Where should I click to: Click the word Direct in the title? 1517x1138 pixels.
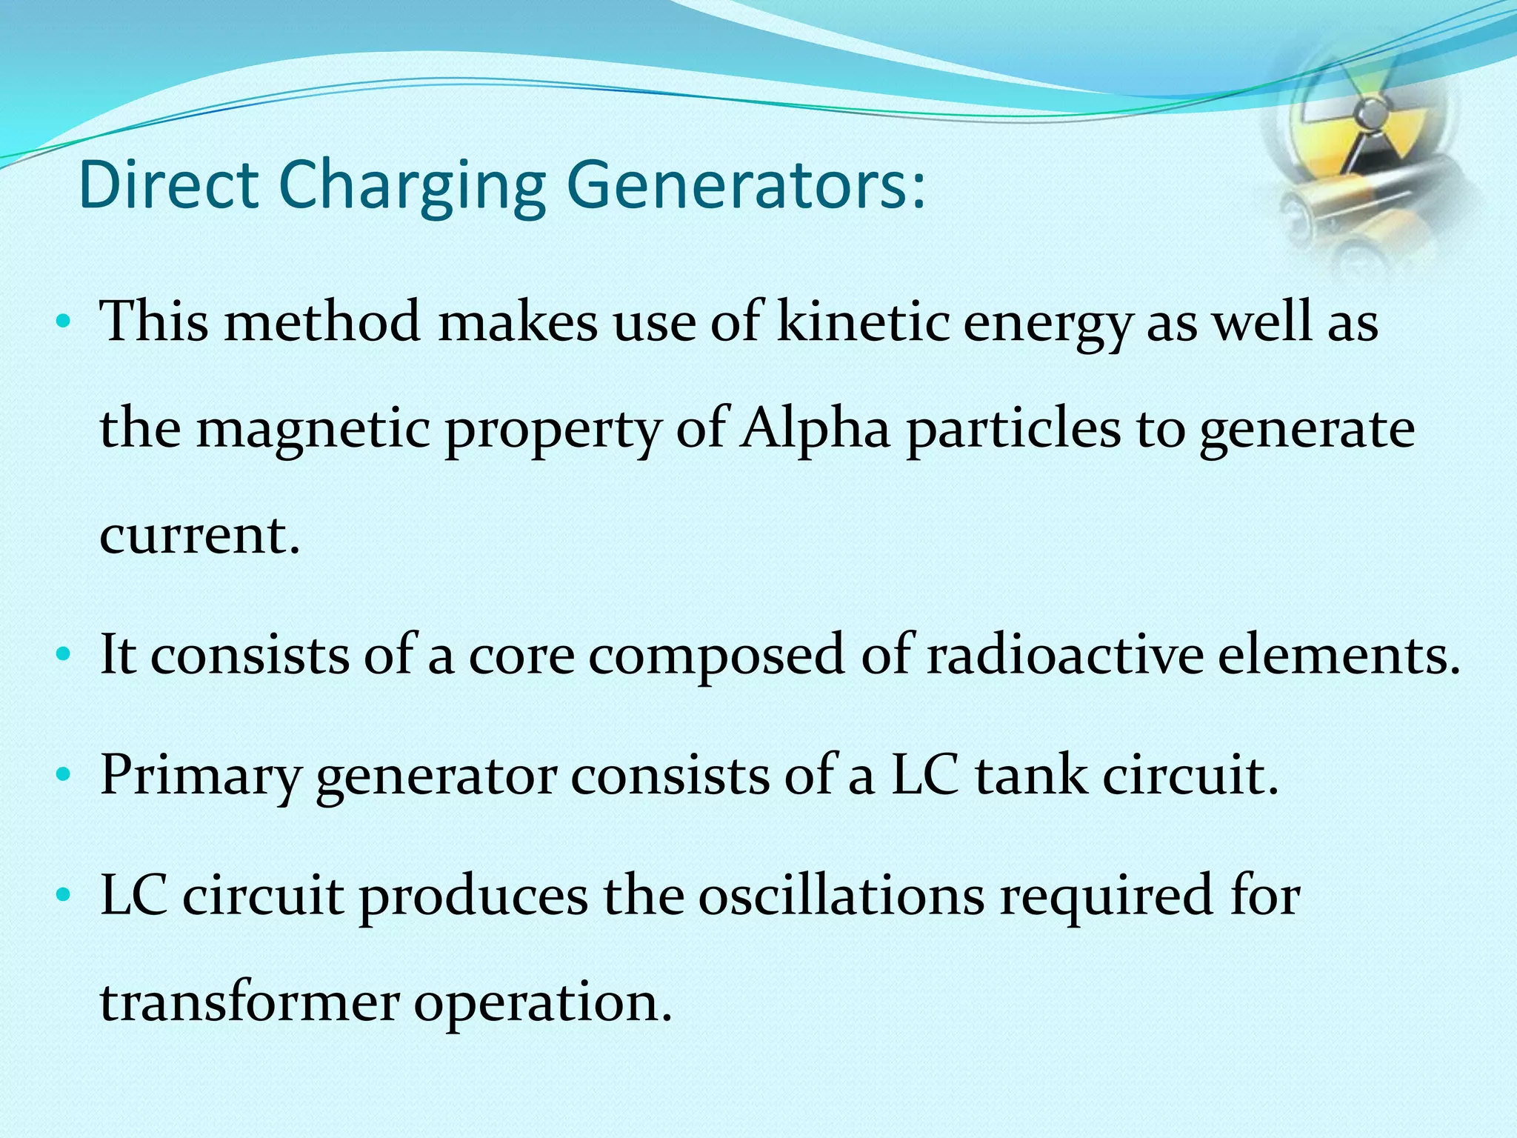pos(168,184)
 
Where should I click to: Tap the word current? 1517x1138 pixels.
pos(200,534)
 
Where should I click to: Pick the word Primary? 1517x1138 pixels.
pos(201,777)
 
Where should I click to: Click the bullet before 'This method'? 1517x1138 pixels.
pos(64,322)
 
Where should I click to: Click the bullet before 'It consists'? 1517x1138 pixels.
pos(64,655)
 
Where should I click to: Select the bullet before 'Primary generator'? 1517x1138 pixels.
pos(64,776)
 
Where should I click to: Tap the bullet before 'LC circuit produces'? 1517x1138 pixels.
pos(64,896)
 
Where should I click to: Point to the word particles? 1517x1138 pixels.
pos(1014,430)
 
